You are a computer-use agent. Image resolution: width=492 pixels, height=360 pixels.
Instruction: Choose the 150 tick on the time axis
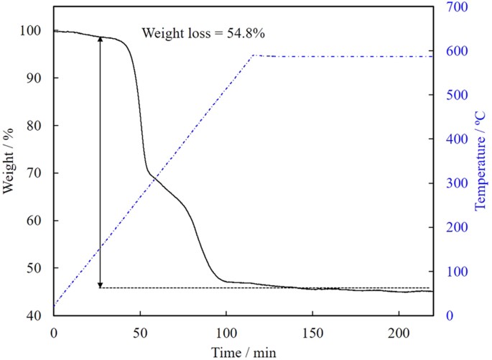click(312, 334)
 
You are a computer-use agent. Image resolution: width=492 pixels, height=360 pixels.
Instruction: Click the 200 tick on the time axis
click(398, 334)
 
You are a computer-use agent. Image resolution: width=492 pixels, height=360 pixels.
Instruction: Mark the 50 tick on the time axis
click(140, 334)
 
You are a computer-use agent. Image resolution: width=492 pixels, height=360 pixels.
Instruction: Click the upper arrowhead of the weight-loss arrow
click(100, 39)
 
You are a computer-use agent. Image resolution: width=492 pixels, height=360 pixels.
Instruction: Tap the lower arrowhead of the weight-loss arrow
click(100, 285)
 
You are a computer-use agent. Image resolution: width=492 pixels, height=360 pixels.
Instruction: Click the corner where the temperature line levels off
click(253, 55)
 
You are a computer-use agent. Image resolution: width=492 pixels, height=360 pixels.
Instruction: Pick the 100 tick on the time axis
click(226, 334)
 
